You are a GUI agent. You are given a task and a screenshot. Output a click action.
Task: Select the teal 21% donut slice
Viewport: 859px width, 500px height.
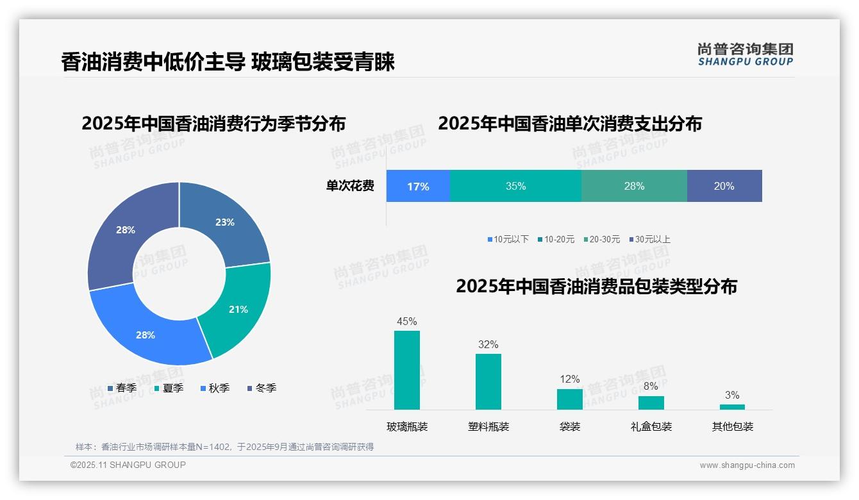point(238,309)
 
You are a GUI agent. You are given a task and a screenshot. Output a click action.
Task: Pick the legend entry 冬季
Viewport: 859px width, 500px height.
point(262,388)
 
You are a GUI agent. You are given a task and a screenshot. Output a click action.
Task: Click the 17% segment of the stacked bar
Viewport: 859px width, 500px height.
point(418,186)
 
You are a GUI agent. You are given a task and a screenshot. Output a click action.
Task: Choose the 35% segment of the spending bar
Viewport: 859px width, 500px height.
point(515,186)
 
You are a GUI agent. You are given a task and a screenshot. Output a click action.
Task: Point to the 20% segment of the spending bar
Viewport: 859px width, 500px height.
point(724,186)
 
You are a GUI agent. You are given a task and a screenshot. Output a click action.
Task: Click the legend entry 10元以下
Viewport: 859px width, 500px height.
point(508,239)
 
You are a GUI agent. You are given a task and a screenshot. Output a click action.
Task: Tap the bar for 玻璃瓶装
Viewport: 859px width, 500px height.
point(407,370)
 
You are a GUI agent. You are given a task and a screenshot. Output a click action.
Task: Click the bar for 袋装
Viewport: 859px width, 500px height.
point(570,399)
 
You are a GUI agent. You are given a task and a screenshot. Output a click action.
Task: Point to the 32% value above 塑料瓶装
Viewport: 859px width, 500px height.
point(488,344)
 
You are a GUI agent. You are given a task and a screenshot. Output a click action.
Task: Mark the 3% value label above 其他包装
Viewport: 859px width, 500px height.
point(732,395)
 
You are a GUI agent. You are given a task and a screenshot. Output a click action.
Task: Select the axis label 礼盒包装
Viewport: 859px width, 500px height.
point(651,426)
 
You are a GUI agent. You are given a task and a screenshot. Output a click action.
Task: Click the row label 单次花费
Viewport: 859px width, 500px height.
point(350,186)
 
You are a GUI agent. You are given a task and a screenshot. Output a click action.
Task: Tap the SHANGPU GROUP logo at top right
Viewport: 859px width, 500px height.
point(746,54)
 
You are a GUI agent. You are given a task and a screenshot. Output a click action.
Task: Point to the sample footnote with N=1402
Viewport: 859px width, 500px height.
point(224,447)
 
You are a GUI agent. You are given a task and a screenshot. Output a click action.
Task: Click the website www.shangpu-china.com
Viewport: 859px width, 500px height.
point(747,465)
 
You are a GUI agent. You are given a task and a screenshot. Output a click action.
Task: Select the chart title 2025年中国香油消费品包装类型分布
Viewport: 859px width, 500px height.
point(596,286)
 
